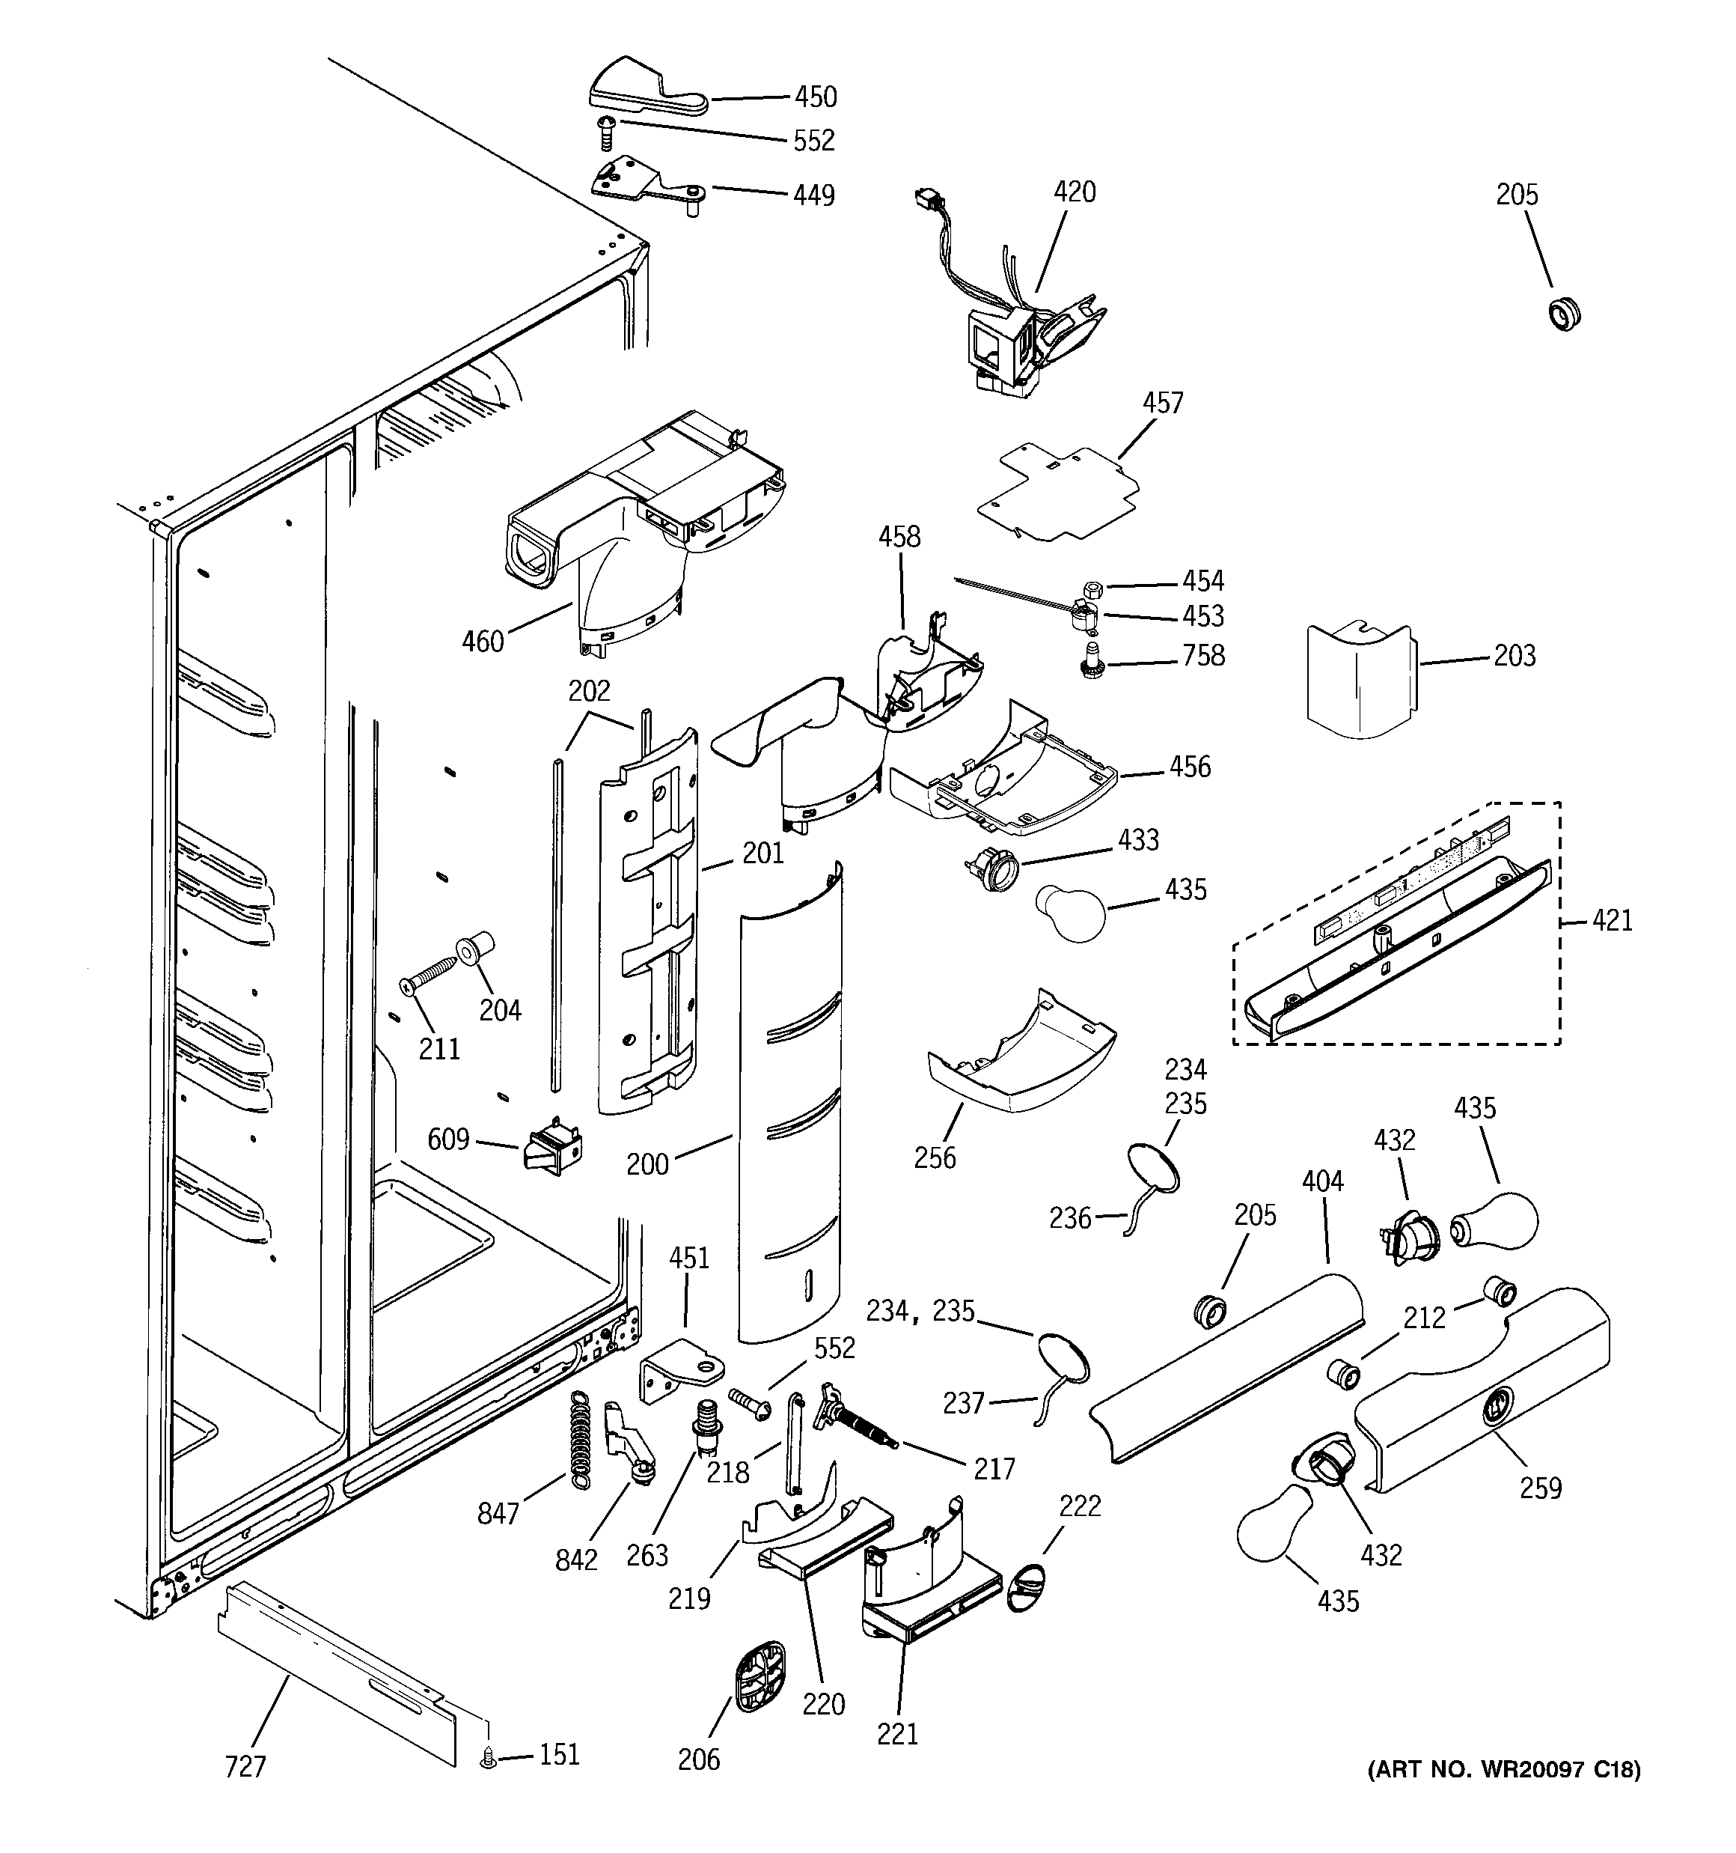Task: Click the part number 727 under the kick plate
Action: pyautogui.click(x=245, y=1766)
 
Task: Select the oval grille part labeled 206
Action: pyautogui.click(x=759, y=1678)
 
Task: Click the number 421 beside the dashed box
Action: pyautogui.click(x=1612, y=920)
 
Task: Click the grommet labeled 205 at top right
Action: pyautogui.click(x=1566, y=314)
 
